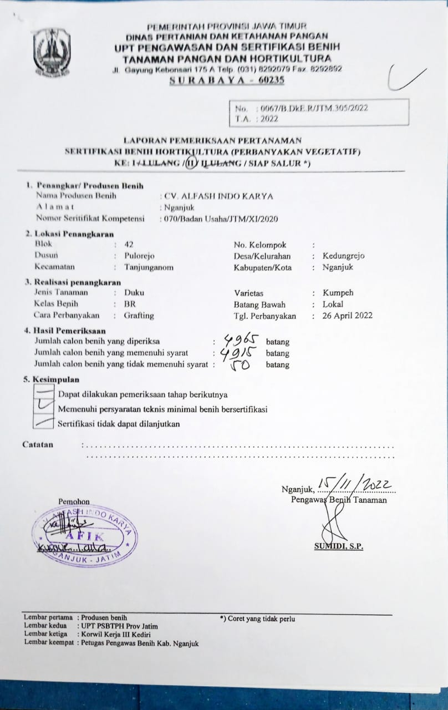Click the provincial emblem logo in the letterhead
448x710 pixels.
(x=51, y=52)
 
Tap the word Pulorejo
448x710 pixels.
(x=139, y=256)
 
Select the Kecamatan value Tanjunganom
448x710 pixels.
(x=149, y=267)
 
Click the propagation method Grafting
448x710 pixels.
(x=139, y=316)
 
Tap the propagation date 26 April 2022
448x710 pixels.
(x=347, y=316)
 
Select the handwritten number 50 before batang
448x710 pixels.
(x=240, y=365)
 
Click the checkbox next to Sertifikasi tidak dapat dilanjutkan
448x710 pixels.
(x=43, y=423)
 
